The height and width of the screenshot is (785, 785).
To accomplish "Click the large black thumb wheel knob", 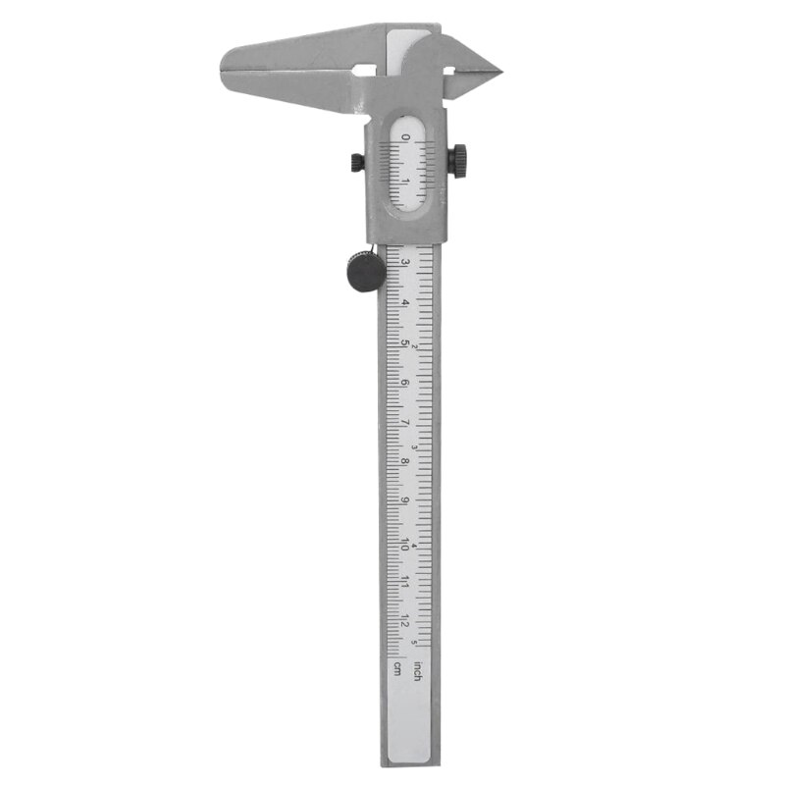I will [x=365, y=271].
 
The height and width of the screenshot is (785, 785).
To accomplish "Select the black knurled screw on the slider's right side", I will [x=458, y=160].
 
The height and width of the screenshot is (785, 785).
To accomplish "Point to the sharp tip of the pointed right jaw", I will [x=499, y=71].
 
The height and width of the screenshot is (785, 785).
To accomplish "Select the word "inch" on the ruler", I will [x=418, y=671].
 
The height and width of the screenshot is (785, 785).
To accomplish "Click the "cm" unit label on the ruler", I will [x=397, y=669].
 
